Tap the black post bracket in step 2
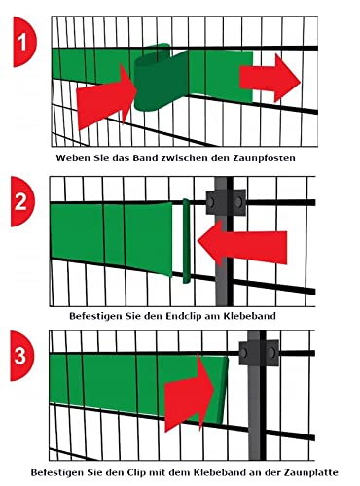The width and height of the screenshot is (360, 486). [x=221, y=201]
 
